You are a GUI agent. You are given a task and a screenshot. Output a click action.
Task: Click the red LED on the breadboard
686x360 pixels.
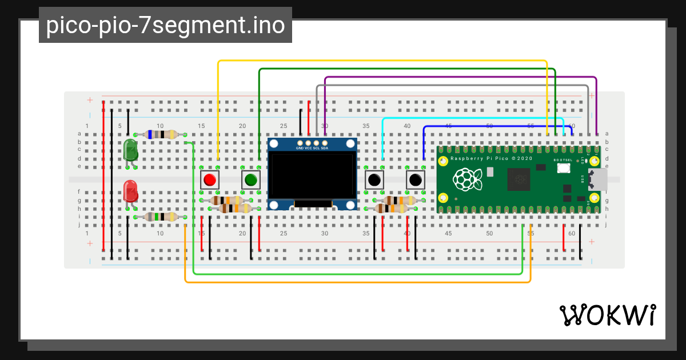tap(130, 191)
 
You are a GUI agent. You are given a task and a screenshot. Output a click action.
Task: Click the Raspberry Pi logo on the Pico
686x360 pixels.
tap(467, 180)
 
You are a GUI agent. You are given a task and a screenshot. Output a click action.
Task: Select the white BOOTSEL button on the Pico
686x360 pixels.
tap(564, 168)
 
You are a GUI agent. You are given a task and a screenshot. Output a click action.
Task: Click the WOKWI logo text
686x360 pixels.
tap(607, 315)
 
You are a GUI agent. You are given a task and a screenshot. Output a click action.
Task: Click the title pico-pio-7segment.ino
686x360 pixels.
tap(165, 25)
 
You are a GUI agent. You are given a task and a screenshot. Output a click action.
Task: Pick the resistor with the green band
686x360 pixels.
tap(161, 217)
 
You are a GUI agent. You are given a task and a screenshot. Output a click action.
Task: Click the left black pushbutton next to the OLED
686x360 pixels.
tap(374, 180)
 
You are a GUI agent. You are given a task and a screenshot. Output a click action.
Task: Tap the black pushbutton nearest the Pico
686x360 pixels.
tap(415, 180)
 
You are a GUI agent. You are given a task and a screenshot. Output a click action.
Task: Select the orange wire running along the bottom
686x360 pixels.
tap(354, 282)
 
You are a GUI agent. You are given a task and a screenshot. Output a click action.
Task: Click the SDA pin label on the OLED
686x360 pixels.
tap(325, 148)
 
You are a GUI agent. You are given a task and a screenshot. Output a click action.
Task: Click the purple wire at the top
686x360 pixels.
tap(457, 77)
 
